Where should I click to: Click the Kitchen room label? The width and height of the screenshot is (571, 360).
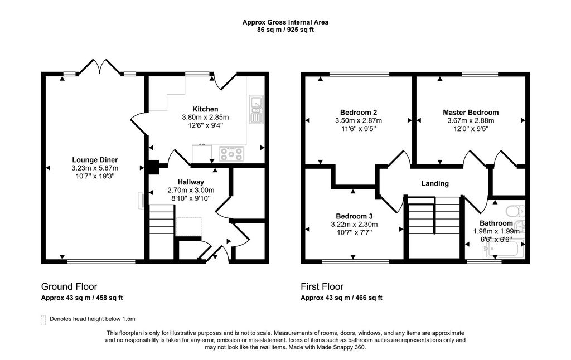coord(205,109)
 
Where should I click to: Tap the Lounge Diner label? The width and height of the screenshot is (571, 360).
coord(95,159)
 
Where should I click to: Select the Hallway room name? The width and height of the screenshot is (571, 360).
coord(191,182)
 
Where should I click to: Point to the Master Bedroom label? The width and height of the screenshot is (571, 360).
coord(471,112)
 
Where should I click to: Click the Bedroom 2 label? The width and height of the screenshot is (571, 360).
coord(358,112)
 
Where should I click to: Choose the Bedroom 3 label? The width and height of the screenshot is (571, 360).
coord(354,216)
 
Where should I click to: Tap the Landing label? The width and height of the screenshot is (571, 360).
coord(435,183)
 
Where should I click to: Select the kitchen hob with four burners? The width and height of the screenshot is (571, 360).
coord(231,153)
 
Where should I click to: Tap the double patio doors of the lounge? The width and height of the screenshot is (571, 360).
coord(99,69)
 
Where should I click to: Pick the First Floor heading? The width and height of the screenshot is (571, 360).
coord(322,287)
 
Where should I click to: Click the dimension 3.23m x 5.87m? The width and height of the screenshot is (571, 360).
coord(95,168)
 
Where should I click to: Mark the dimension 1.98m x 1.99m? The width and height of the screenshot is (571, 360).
coord(496,232)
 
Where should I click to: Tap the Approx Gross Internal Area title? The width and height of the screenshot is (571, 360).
coord(285,22)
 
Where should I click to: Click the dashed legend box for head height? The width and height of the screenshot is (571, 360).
coord(43,320)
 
